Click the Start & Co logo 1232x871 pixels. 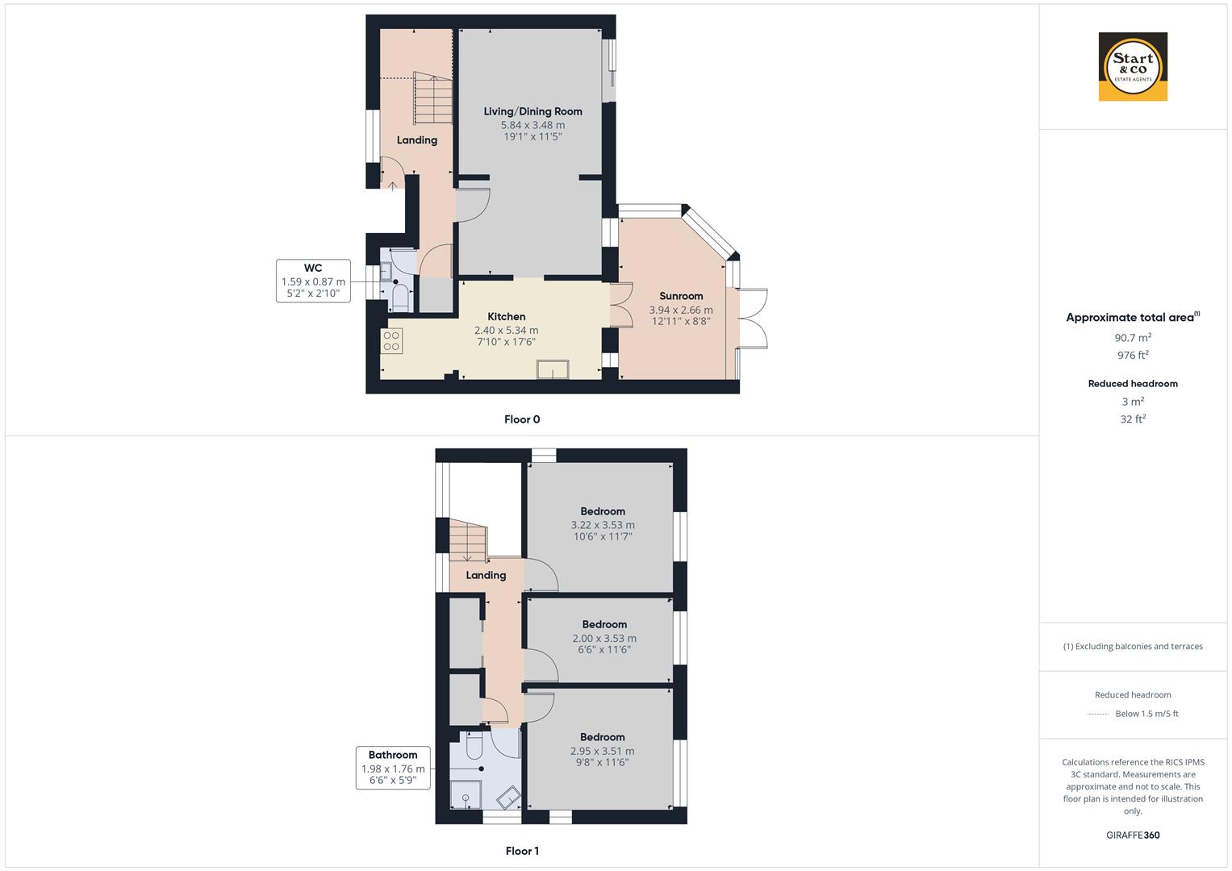pyautogui.click(x=1133, y=66)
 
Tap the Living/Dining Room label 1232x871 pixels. pyautogui.click(x=532, y=111)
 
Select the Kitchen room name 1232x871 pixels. pyautogui.click(x=507, y=317)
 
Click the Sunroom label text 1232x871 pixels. pyautogui.click(x=681, y=296)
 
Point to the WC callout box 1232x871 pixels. pyautogui.click(x=313, y=281)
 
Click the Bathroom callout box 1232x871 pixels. pyautogui.click(x=393, y=768)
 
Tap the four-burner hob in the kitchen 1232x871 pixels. pyautogui.click(x=392, y=341)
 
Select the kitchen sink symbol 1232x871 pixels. pyautogui.click(x=553, y=369)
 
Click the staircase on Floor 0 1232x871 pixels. pyautogui.click(x=432, y=99)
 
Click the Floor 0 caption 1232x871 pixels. pyautogui.click(x=522, y=419)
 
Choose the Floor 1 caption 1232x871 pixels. pyautogui.click(x=522, y=851)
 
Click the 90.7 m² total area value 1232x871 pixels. pyautogui.click(x=1133, y=338)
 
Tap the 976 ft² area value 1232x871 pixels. pyautogui.click(x=1133, y=356)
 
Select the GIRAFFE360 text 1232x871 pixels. pyautogui.click(x=1133, y=836)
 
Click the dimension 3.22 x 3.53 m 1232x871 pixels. pyautogui.click(x=603, y=525)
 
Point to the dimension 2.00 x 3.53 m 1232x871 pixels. pyautogui.click(x=604, y=638)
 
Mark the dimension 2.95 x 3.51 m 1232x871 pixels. pyautogui.click(x=603, y=751)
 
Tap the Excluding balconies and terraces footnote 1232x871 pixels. pyautogui.click(x=1133, y=646)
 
